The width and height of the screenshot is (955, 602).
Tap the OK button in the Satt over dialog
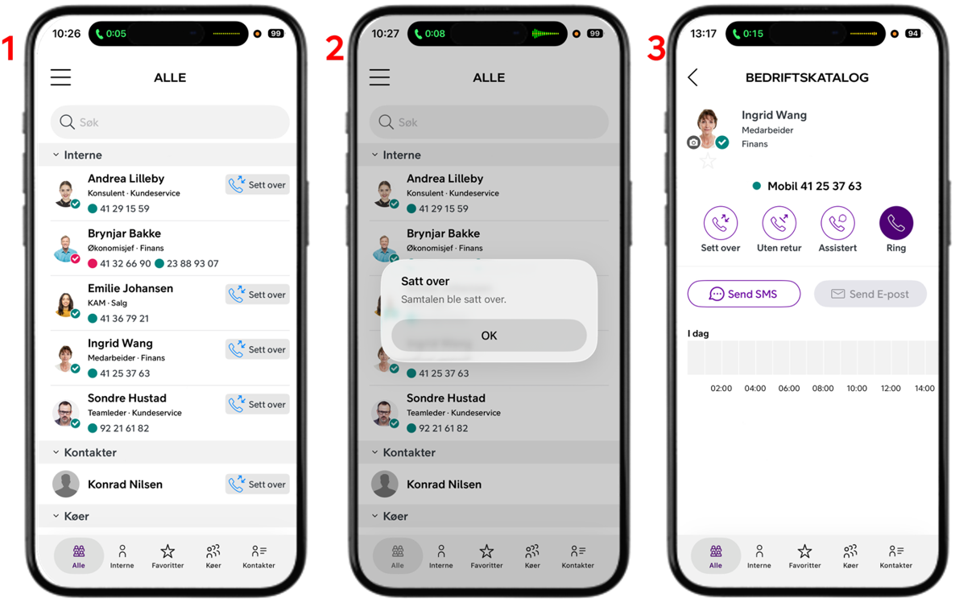tap(489, 336)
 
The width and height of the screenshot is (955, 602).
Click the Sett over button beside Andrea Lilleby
tap(257, 184)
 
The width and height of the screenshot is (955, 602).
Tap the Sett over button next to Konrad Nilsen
tap(257, 484)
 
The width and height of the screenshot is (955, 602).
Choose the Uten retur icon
tap(779, 223)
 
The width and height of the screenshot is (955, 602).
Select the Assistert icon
tap(837, 223)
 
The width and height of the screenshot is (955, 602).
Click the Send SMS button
tap(744, 294)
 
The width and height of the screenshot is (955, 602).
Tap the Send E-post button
tap(870, 294)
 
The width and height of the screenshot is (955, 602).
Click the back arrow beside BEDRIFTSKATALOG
tap(692, 77)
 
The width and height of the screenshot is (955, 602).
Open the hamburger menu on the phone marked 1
tap(60, 77)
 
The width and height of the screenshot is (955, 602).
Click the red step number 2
tap(335, 48)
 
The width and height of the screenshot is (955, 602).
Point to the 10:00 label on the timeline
tap(856, 389)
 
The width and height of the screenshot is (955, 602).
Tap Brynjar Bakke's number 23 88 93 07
tap(192, 263)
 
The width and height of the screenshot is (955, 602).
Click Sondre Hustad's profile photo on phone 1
tap(65, 413)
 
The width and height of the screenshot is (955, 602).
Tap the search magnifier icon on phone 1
tap(67, 122)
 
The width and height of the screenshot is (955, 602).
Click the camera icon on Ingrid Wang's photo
tap(693, 142)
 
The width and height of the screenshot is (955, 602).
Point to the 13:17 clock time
tap(703, 34)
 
